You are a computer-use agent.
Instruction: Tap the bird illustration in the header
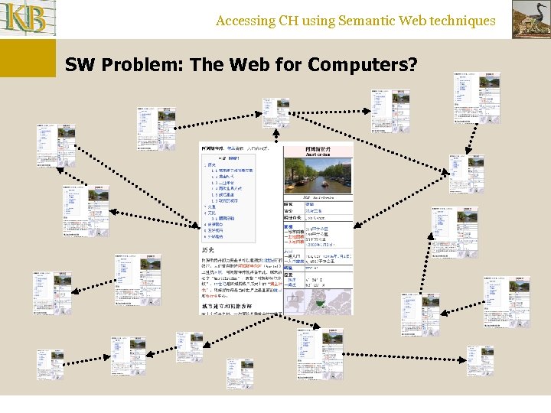[x=530, y=19]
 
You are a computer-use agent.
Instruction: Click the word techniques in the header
[x=462, y=21]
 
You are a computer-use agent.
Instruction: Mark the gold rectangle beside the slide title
[x=28, y=58]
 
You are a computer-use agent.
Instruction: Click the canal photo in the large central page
[x=318, y=177]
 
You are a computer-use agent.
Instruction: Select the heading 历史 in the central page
[x=210, y=249]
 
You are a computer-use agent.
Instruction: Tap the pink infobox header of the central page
[x=318, y=151]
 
